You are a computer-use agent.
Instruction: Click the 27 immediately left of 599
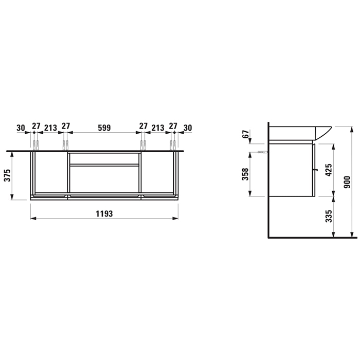pyautogui.click(x=66, y=126)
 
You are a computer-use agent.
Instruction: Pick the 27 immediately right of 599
pyautogui.click(x=142, y=126)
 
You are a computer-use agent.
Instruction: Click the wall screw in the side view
pyautogui.click(x=262, y=153)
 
